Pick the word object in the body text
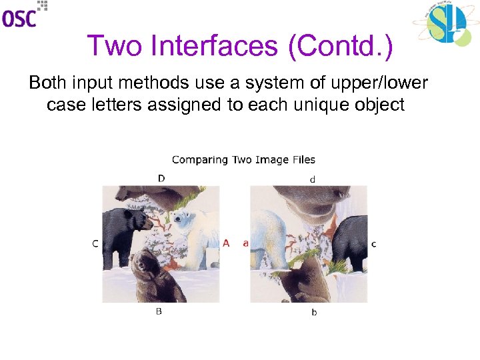pos(379,105)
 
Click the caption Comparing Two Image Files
pos(243,159)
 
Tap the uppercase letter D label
pos(161,178)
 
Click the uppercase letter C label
pos(95,244)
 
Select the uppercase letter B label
pos(159,311)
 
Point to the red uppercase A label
pos(226,244)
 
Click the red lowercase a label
pos(245,244)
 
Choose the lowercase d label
pos(313,179)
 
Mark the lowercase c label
pos(373,244)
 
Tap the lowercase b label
pos(314,312)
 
